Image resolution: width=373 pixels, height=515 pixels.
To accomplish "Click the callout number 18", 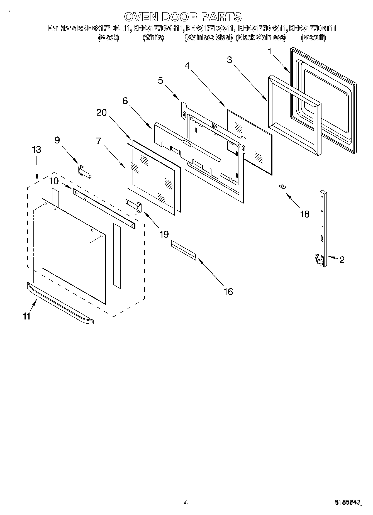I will tap(305, 214).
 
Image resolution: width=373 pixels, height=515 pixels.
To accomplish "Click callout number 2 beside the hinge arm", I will tap(342, 260).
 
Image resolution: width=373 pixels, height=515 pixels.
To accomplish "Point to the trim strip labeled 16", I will tap(183, 250).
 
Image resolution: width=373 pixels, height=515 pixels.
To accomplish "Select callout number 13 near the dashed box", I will tap(36, 149).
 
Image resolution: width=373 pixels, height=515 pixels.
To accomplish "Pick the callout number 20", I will tap(102, 113).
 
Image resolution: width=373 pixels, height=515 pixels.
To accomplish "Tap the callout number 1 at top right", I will tap(269, 51).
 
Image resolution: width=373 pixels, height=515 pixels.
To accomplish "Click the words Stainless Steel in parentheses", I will tap(208, 37).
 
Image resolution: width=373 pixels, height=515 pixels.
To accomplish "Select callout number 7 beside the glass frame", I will tap(98, 141).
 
